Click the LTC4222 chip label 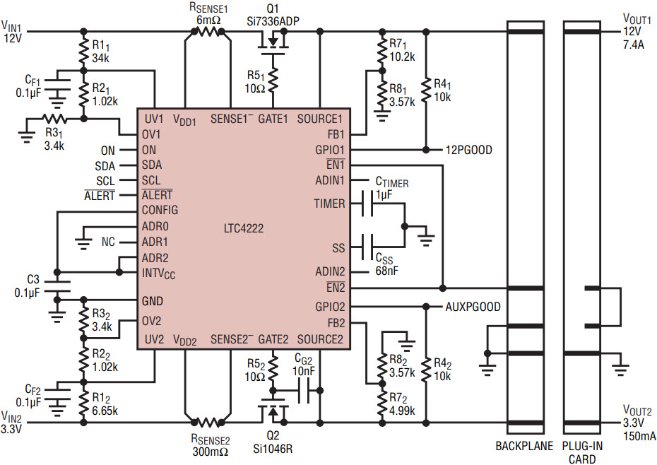coord(244,228)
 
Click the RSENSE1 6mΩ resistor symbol coord(208,31)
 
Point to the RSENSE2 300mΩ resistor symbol coord(208,423)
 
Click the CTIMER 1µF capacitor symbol coord(367,204)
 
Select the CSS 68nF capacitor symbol coord(367,247)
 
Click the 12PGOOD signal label coord(469,150)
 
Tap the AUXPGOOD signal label coord(473,307)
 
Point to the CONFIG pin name coord(160,210)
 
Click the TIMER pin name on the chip coord(330,204)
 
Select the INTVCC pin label coord(158,273)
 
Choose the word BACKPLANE coord(524,446)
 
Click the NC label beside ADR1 coord(108,242)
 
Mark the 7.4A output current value coord(634,45)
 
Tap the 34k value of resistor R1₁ coord(100,58)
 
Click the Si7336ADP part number coord(273,21)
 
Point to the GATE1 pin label coord(273,119)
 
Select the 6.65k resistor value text coord(105,411)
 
